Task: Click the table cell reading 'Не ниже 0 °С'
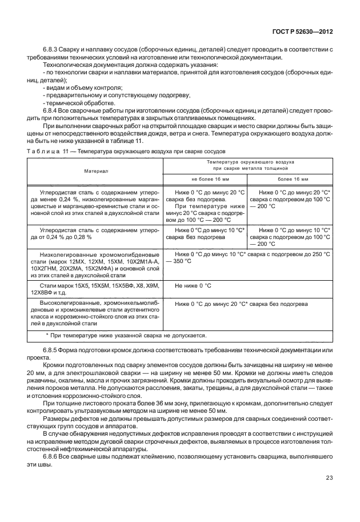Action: click(193, 285)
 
